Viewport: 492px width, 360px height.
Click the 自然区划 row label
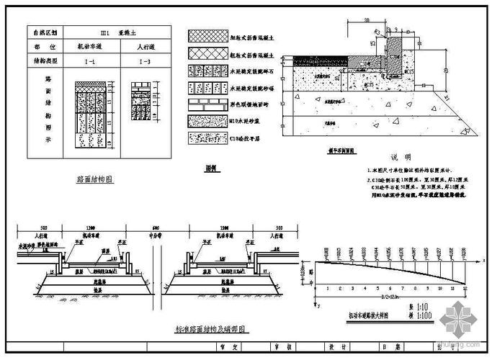click(45, 32)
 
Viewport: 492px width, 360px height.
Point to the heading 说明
click(401, 156)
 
